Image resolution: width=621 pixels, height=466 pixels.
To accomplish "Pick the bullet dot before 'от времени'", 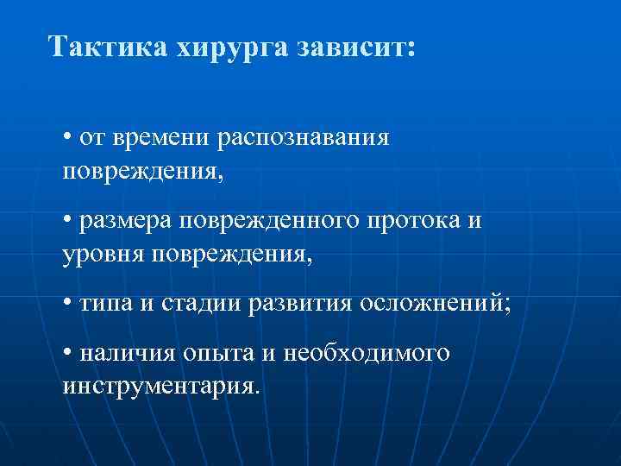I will coord(67,138).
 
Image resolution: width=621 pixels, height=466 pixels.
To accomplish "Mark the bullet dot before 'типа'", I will coord(67,305).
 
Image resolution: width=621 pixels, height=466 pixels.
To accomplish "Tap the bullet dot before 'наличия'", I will coord(67,354).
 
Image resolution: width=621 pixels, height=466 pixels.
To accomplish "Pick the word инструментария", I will coord(160,386).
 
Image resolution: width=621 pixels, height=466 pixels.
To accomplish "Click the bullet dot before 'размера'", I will coord(67,222).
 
